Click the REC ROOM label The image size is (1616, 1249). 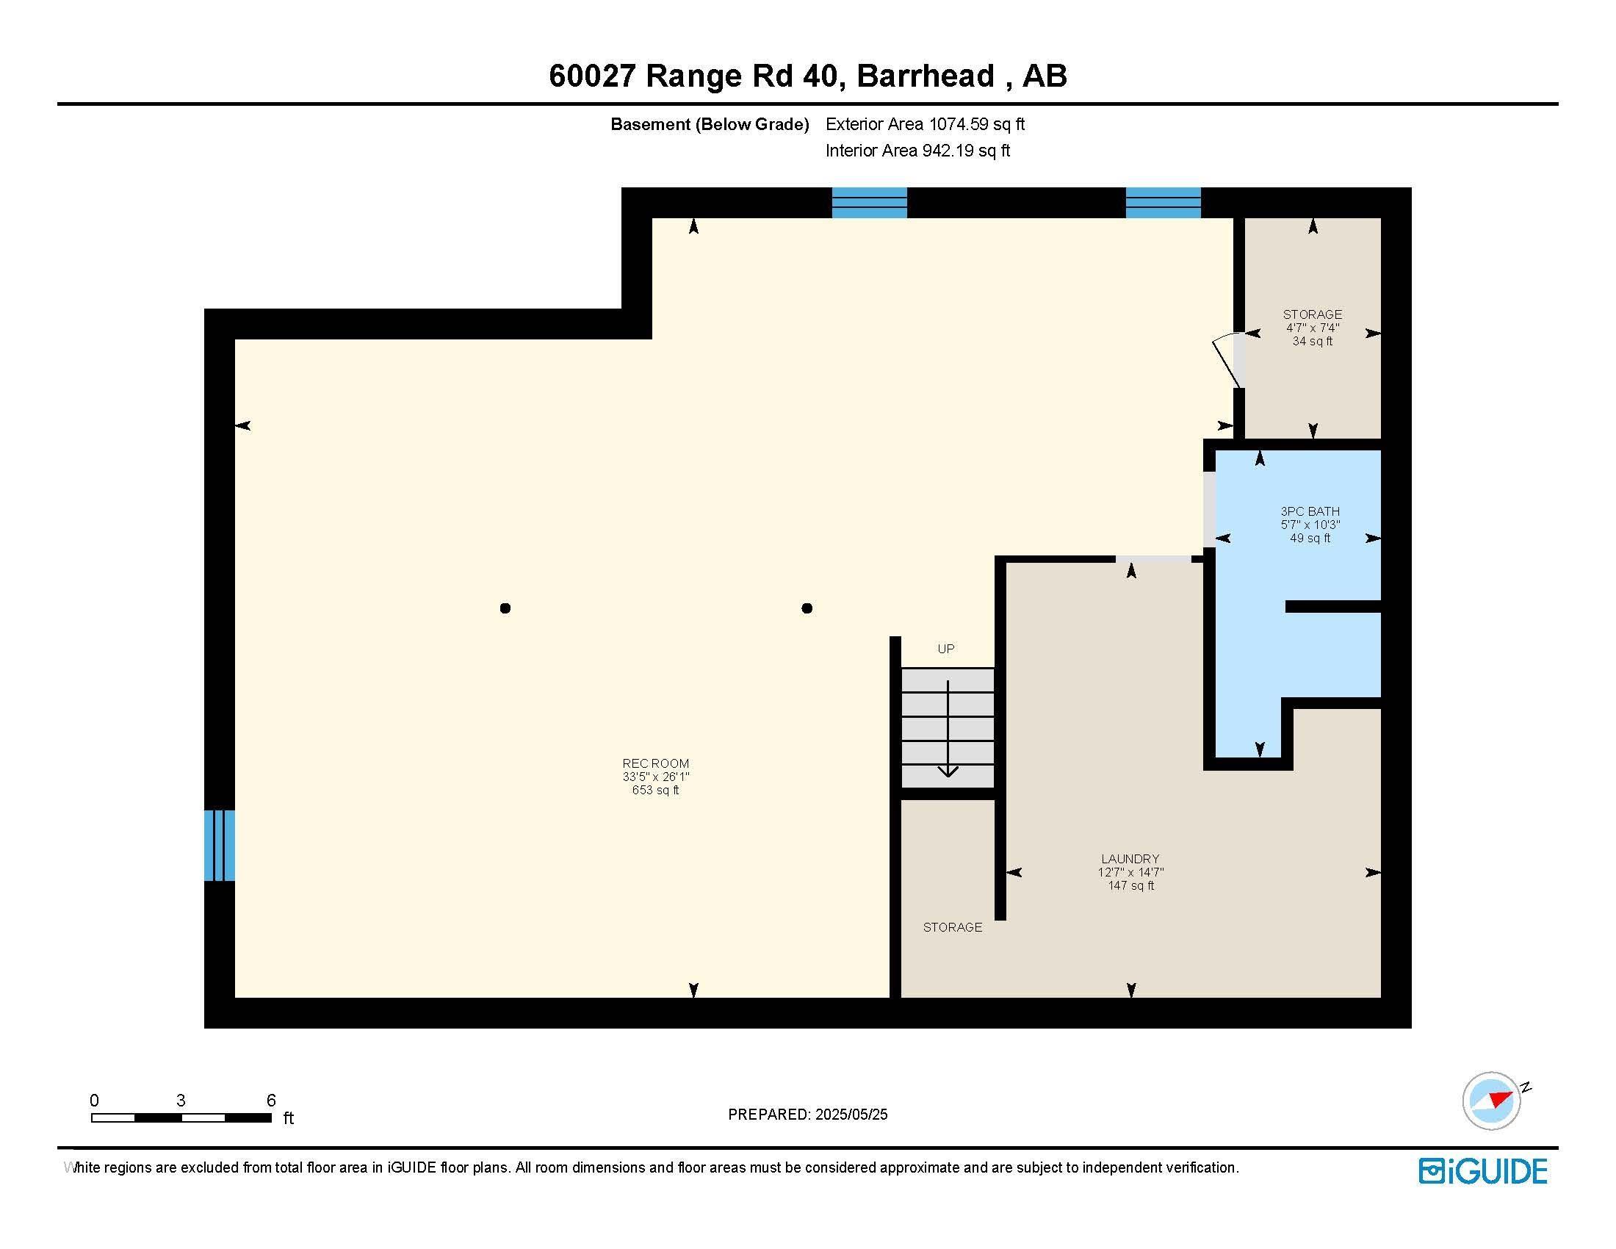pyautogui.click(x=655, y=763)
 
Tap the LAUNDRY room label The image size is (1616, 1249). pyautogui.click(x=1130, y=858)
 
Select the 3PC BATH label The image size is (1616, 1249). pyautogui.click(x=1310, y=511)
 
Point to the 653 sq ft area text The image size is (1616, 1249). pyautogui.click(x=655, y=791)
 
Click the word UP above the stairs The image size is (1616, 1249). pyautogui.click(x=945, y=649)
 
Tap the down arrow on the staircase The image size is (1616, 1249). pyautogui.click(x=948, y=769)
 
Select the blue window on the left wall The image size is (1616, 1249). pyautogui.click(x=220, y=845)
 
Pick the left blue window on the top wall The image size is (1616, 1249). pyautogui.click(x=870, y=202)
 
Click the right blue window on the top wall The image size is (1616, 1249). pyautogui.click(x=1164, y=202)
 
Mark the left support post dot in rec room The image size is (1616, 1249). pyautogui.click(x=505, y=608)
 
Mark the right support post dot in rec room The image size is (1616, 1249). pyautogui.click(x=807, y=608)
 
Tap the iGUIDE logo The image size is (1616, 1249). pyautogui.click(x=1483, y=1171)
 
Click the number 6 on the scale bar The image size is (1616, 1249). pyautogui.click(x=271, y=1101)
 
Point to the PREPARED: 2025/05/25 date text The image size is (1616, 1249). pyautogui.click(x=807, y=1115)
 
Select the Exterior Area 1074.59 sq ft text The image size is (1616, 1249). pyautogui.click(x=925, y=124)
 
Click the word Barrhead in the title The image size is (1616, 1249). pyautogui.click(x=925, y=76)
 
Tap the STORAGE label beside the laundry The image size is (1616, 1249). pyautogui.click(x=952, y=927)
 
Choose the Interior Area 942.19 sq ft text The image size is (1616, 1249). pyautogui.click(x=917, y=151)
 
